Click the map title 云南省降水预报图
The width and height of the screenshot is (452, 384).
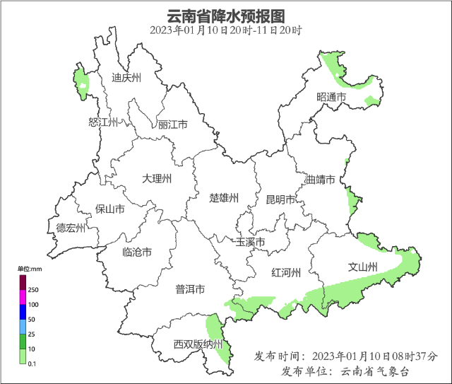[x=226, y=16]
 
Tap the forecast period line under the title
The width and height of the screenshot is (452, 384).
[x=226, y=30]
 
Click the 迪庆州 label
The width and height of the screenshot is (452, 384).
[x=127, y=78]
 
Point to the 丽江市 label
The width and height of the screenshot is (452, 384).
[x=173, y=124]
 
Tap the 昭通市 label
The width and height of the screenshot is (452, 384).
[x=331, y=97]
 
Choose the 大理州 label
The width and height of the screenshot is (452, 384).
[x=157, y=179]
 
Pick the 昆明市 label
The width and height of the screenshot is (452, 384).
[x=280, y=200]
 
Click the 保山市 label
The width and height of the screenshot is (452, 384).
[x=110, y=209]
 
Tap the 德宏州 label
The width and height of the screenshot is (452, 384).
[x=71, y=228]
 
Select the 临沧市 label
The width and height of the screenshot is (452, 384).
[x=137, y=252]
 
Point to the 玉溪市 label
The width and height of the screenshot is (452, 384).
[x=250, y=243]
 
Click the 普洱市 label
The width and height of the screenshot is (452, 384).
[x=190, y=289]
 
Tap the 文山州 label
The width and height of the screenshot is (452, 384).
[x=363, y=267]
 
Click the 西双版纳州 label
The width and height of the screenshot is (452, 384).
[x=198, y=345]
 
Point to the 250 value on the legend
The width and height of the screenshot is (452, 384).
[x=33, y=290]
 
